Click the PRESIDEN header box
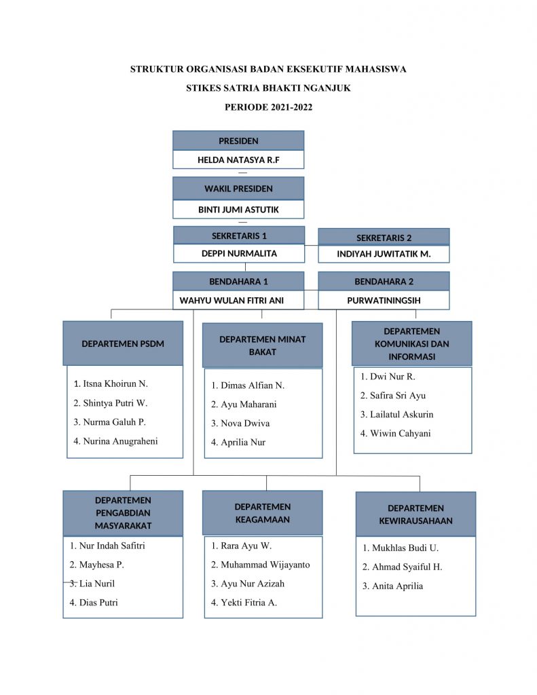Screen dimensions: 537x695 [238, 140]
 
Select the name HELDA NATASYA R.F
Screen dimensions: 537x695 [238, 160]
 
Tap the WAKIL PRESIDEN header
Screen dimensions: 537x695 [238, 189]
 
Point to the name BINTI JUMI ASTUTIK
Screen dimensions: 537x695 [238, 210]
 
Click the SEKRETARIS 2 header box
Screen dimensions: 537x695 [384, 237]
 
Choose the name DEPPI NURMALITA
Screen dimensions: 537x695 [239, 254]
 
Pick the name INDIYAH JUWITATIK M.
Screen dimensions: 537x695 [384, 254]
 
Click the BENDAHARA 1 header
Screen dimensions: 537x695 [238, 281]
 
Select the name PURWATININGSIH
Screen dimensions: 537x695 [384, 301]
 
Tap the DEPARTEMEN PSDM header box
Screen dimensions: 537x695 [123, 343]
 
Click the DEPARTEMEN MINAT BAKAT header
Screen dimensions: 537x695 [263, 345]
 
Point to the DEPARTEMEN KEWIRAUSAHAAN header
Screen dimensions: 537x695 [415, 514]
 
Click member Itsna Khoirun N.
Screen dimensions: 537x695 [111, 384]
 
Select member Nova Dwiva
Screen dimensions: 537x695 [240, 424]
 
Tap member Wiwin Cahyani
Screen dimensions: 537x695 [396, 434]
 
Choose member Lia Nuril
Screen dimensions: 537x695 [92, 584]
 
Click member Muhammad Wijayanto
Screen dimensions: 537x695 [260, 565]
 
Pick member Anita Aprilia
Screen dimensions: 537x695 [392, 586]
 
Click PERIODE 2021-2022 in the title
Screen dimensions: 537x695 [268, 107]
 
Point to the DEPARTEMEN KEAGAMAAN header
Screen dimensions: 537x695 [263, 513]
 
